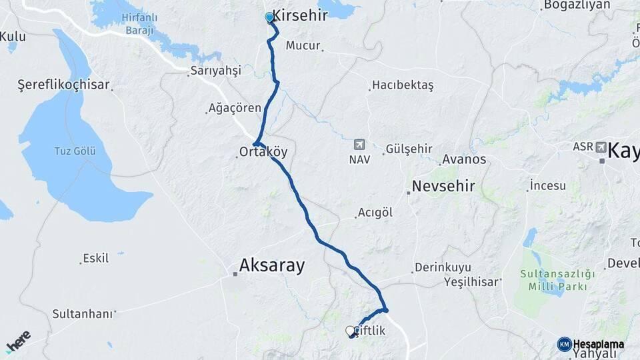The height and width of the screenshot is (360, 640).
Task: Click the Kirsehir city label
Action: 300,15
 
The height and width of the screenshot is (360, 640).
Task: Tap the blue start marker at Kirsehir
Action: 269,17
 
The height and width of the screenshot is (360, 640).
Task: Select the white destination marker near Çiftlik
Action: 350,330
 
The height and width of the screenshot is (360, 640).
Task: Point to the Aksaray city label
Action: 272,266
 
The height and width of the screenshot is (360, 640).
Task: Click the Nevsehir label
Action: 443,186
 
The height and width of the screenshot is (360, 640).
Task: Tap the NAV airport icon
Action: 359,144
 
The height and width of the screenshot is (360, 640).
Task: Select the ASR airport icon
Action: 601,147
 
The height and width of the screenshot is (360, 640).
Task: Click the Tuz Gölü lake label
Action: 75,151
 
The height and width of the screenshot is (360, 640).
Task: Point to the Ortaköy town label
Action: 263,152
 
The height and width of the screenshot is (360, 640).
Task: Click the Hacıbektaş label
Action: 403,85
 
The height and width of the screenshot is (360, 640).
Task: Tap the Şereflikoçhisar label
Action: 63,85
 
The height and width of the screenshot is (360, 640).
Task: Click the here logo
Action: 18,341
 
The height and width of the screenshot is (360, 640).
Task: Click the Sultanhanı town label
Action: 83,313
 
